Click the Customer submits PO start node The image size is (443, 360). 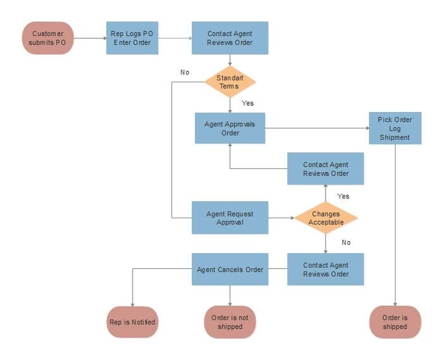48,38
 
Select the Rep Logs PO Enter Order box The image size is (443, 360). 133,38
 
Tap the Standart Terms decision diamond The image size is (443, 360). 230,82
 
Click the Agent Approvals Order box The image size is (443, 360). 230,129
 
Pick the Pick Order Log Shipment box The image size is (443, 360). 395,129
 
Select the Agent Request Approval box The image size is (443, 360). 230,218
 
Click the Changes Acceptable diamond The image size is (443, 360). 326,218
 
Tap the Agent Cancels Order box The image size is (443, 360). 230,269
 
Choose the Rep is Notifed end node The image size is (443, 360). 133,322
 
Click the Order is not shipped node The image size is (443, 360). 230,322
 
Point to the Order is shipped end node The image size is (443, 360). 395,322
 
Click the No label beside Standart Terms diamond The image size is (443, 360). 185,73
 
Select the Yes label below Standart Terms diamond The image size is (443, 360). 248,103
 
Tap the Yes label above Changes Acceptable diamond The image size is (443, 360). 343,196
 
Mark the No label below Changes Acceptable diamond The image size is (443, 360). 346,243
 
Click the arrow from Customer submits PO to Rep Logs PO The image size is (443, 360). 90,38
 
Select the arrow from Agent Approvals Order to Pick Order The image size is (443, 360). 317,129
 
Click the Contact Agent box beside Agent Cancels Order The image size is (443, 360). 326,269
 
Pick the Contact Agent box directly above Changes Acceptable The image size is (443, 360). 326,169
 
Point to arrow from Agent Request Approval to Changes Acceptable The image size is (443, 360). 281,218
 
